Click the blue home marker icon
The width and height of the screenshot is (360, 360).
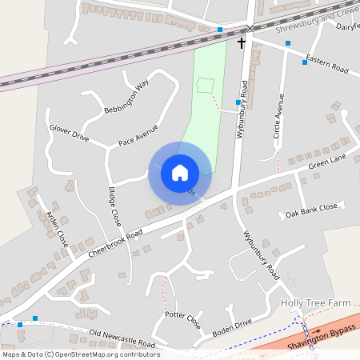click(180, 172)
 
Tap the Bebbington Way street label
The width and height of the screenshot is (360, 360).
click(126, 98)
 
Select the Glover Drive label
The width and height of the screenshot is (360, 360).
click(69, 132)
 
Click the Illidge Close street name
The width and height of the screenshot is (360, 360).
click(114, 205)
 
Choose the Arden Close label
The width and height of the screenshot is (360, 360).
click(57, 228)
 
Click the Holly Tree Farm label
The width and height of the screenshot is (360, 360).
click(316, 304)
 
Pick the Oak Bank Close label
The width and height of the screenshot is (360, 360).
click(312, 211)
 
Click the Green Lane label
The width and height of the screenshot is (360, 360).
click(329, 164)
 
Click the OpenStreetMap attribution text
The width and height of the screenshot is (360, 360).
click(81, 354)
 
